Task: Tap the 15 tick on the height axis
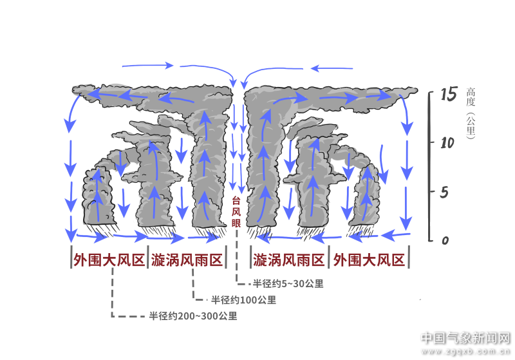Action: click(x=448, y=95)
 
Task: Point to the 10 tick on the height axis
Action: click(x=448, y=142)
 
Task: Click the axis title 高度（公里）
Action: click(x=471, y=113)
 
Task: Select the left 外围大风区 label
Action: click(x=108, y=260)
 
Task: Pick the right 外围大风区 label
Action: click(x=368, y=260)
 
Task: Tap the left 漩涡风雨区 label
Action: click(x=187, y=260)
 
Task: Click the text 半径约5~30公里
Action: click(x=288, y=283)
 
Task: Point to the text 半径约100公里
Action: click(x=243, y=299)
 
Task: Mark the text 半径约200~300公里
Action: click(x=192, y=316)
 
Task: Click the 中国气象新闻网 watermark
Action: click(x=465, y=338)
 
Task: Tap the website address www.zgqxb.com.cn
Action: click(x=465, y=352)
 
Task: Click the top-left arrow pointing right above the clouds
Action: click(x=148, y=65)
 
